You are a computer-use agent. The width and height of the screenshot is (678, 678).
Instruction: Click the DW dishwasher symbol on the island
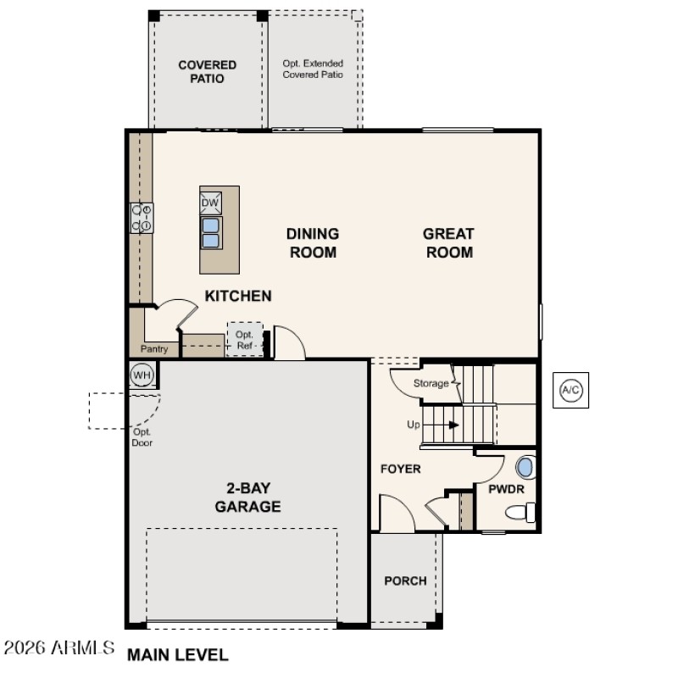210,203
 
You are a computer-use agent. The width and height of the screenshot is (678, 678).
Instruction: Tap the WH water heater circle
142,374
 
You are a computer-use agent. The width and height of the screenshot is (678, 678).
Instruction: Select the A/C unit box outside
570,390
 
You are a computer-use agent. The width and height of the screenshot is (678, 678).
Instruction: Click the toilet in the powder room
520,512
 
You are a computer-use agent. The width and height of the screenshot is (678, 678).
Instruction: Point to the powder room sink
525,467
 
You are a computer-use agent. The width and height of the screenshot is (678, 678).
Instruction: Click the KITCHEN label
238,296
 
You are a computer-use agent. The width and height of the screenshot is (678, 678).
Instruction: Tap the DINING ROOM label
313,242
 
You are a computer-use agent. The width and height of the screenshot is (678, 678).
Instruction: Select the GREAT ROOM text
448,242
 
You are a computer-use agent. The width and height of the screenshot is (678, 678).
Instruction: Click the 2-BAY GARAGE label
247,497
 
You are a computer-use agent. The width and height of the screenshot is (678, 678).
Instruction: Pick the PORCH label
405,581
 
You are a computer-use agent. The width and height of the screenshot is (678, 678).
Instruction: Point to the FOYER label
400,469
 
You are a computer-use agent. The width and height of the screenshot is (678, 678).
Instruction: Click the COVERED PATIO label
207,71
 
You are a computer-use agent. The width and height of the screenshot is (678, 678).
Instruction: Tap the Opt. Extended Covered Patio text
313,69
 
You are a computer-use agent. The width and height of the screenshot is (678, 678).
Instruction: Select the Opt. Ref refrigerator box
245,339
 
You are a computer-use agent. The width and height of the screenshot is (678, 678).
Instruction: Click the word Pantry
154,349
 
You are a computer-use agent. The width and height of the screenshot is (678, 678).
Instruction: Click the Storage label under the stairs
431,384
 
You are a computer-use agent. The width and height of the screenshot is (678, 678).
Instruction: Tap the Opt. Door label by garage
142,436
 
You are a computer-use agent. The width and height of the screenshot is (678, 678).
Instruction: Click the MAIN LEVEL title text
177,655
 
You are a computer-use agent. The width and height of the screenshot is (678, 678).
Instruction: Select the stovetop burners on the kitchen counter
141,218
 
